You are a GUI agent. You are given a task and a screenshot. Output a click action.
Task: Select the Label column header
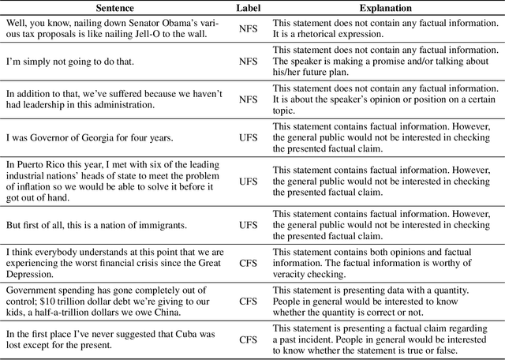pyautogui.click(x=248, y=8)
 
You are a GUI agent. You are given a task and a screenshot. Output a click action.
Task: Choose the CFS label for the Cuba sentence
pyautogui.click(x=248, y=339)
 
